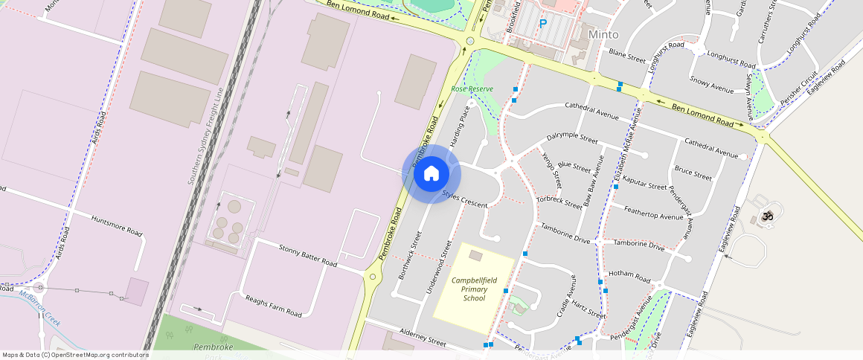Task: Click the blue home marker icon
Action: pyautogui.click(x=431, y=174)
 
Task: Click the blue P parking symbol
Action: pyautogui.click(x=543, y=24)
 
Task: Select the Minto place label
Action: pyautogui.click(x=603, y=34)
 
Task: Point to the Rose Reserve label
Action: pyautogui.click(x=472, y=89)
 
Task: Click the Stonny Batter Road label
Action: pyautogui.click(x=308, y=256)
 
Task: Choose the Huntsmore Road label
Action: pyautogui.click(x=116, y=226)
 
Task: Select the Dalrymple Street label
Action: pyautogui.click(x=572, y=138)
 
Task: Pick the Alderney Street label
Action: pyautogui.click(x=422, y=341)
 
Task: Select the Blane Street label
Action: pyautogui.click(x=626, y=56)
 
